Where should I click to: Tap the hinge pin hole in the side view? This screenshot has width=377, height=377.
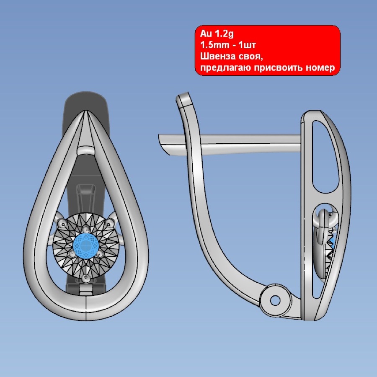[x=275, y=300]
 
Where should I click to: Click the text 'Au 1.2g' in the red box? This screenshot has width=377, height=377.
[x=217, y=34]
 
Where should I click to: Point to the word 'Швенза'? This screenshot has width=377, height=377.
[x=217, y=56]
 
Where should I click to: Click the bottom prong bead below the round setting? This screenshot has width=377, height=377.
[x=86, y=279]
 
